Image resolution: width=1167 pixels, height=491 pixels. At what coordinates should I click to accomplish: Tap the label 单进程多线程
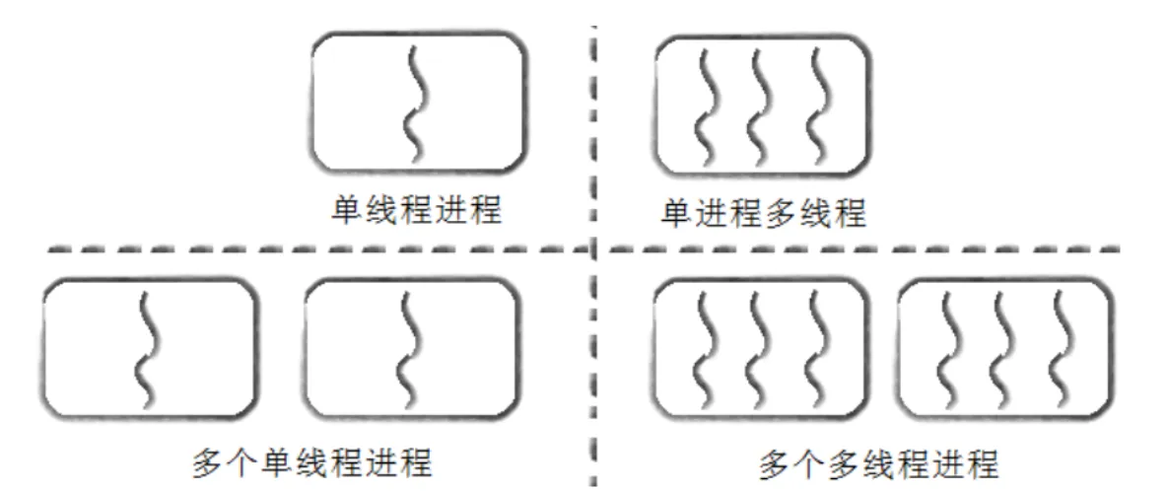tap(764, 214)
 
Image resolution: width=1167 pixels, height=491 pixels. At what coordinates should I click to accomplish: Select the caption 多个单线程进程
tap(312, 462)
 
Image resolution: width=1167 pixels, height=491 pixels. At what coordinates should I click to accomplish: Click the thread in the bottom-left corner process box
tap(146, 348)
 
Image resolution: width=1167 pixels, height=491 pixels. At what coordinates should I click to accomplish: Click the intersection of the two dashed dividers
tap(594, 249)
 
